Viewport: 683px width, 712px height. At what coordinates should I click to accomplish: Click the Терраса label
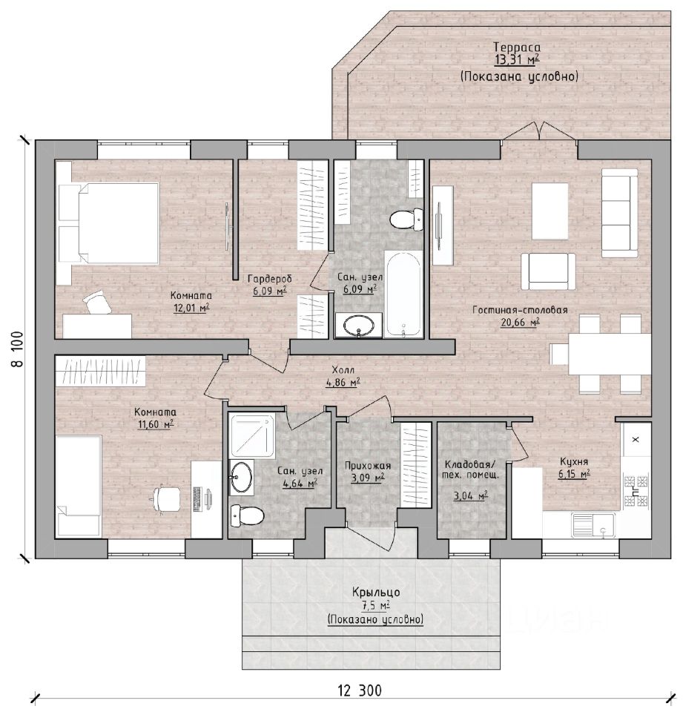pos(517,47)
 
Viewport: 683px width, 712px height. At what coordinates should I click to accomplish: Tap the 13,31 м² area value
pos(517,59)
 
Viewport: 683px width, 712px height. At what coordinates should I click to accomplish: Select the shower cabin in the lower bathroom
pos(252,435)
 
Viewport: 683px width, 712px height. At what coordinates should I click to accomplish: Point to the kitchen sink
pos(593,525)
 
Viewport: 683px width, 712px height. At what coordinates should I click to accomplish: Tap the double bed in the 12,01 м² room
pos(108,223)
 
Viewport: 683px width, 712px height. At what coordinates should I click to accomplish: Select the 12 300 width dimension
pos(360,690)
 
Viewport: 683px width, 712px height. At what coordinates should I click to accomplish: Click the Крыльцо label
pos(376,592)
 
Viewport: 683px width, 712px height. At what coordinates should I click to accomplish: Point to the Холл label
pos(343,369)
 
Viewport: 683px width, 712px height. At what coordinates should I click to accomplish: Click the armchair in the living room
pos(548,271)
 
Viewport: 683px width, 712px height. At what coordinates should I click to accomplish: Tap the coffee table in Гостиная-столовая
pos(550,211)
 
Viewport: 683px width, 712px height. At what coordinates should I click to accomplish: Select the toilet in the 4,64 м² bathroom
pos(247,516)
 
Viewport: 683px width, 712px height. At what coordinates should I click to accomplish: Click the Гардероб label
pos(270,279)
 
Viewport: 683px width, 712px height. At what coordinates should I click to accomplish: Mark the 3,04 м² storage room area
pos(471,496)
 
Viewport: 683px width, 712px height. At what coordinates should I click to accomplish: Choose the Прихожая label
pos(368,466)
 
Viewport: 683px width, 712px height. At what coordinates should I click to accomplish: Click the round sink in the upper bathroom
pos(359,326)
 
